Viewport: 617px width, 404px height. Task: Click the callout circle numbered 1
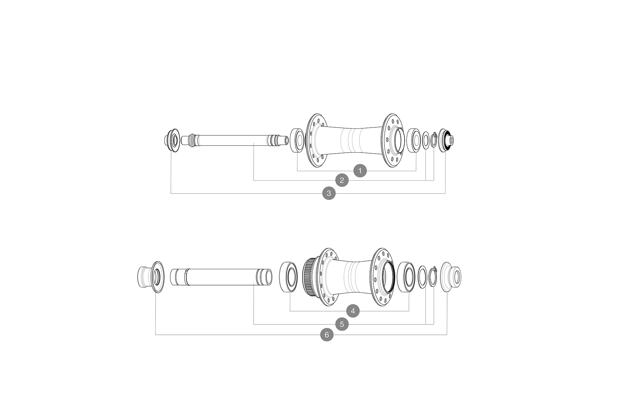click(360, 170)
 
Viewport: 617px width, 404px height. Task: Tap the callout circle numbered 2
click(342, 180)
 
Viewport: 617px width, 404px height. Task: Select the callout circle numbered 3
click(329, 193)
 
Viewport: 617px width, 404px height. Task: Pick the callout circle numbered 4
click(353, 311)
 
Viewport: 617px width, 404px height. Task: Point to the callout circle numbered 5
click(342, 324)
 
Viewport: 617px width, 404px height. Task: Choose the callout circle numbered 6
click(327, 335)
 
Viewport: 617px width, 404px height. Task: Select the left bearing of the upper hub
click(297, 140)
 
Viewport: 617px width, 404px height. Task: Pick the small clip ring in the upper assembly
click(434, 140)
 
